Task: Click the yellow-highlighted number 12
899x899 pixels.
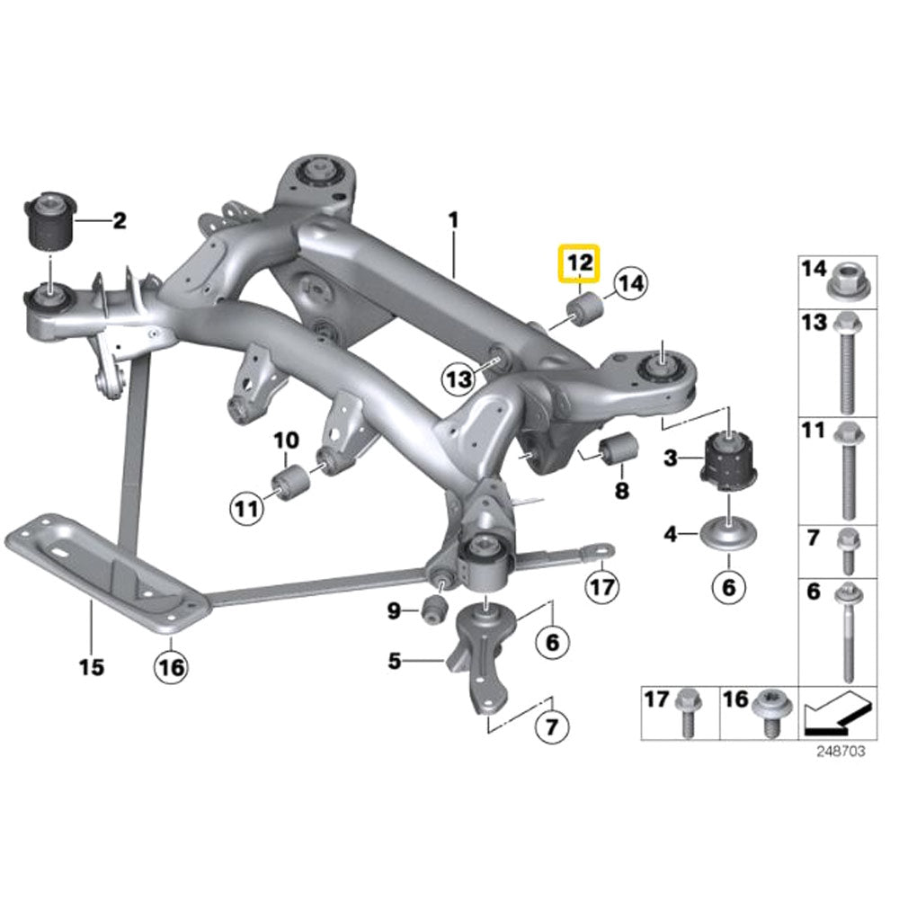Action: [x=579, y=263]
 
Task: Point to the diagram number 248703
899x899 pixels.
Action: [x=840, y=752]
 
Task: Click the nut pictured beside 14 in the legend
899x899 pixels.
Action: [x=846, y=281]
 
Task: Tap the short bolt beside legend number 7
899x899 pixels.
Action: [x=846, y=550]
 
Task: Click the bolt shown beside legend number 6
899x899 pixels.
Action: [x=846, y=629]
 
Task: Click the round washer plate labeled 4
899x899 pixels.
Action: [x=728, y=535]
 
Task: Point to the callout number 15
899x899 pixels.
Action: [x=92, y=667]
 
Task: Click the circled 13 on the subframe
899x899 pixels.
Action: [x=459, y=379]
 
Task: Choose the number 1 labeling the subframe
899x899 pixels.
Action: [x=454, y=218]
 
